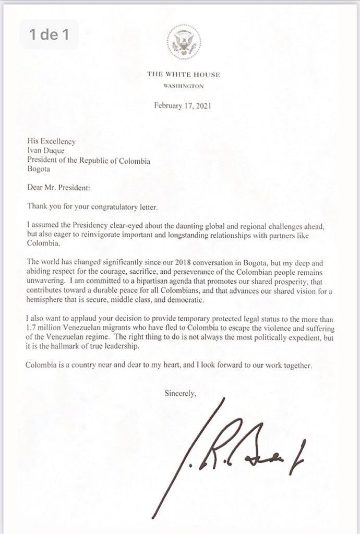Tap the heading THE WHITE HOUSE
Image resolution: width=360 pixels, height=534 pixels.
pos(183,75)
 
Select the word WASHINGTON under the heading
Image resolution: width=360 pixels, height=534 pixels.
pos(183,86)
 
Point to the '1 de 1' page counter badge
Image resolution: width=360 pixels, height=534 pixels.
pos(50,35)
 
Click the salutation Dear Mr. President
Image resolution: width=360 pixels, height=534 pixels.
pos(58,188)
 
